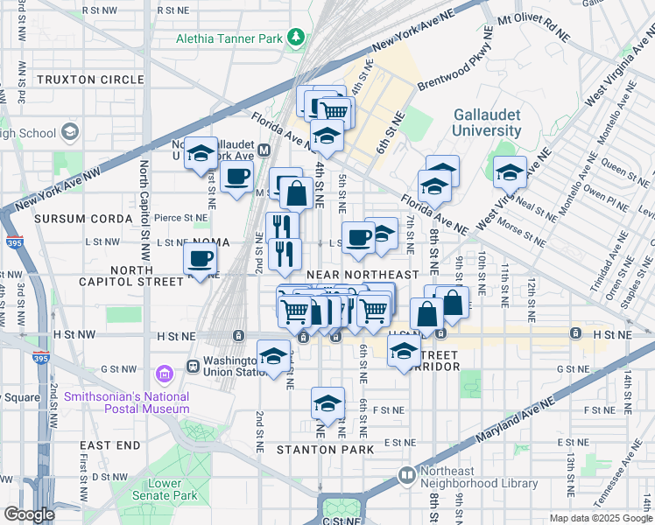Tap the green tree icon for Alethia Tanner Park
(298, 37)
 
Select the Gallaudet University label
(487, 123)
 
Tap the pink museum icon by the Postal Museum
(162, 374)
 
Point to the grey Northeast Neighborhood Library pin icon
(406, 475)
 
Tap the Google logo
(29, 514)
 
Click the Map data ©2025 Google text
(601, 518)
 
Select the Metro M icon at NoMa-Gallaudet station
(263, 150)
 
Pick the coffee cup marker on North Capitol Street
(200, 259)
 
